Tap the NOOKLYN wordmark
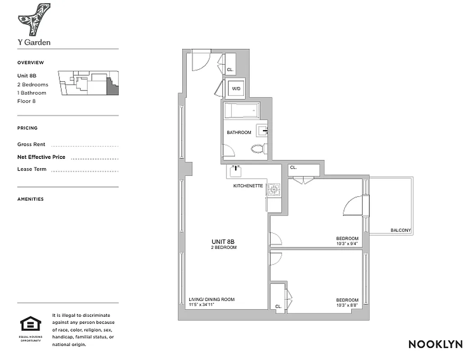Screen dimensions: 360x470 [x=435, y=344]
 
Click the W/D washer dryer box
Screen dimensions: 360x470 [x=236, y=89]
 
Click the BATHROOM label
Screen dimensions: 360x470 [x=239, y=133]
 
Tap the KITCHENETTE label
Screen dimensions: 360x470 [x=248, y=186]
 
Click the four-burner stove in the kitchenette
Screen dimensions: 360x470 [x=274, y=190]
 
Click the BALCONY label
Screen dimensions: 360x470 [x=400, y=230]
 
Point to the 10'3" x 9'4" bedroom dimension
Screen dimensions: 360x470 [x=347, y=244]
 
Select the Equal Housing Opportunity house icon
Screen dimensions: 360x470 [x=31, y=324]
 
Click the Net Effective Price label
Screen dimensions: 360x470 [x=41, y=157]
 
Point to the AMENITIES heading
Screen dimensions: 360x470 [x=31, y=199]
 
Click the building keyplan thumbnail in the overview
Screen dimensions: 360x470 [x=88, y=83]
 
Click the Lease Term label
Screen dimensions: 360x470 [x=32, y=169]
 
